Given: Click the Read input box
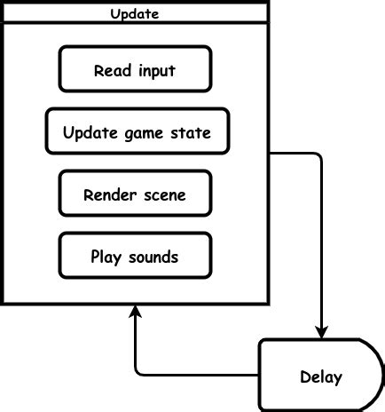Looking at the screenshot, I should coord(135,69).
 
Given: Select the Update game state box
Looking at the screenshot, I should coord(137,131).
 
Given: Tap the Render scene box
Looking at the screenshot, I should coord(135,194).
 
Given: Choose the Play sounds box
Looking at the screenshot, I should coord(135,256).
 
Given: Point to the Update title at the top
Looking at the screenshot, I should coord(135,13).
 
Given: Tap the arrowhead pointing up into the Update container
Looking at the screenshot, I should coord(135,312).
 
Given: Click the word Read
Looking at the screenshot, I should coord(111,71).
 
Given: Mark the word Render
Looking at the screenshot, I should coord(107,195).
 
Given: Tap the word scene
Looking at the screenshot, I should coord(166,195).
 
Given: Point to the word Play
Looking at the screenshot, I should coord(106,257).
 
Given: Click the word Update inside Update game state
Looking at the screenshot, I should coord(86,134).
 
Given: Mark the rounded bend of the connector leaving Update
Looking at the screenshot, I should coord(318,156).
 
